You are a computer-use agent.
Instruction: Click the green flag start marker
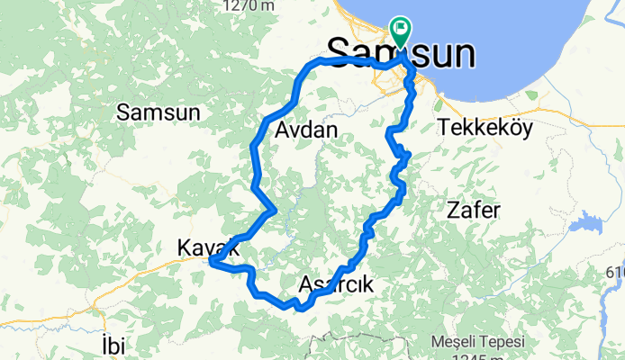tap(399, 30)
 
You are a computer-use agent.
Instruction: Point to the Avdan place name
tap(303, 130)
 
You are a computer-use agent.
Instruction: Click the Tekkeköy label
tap(485, 128)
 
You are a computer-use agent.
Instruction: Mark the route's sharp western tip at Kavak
tap(211, 262)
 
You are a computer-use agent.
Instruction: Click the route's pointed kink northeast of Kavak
tap(273, 211)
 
